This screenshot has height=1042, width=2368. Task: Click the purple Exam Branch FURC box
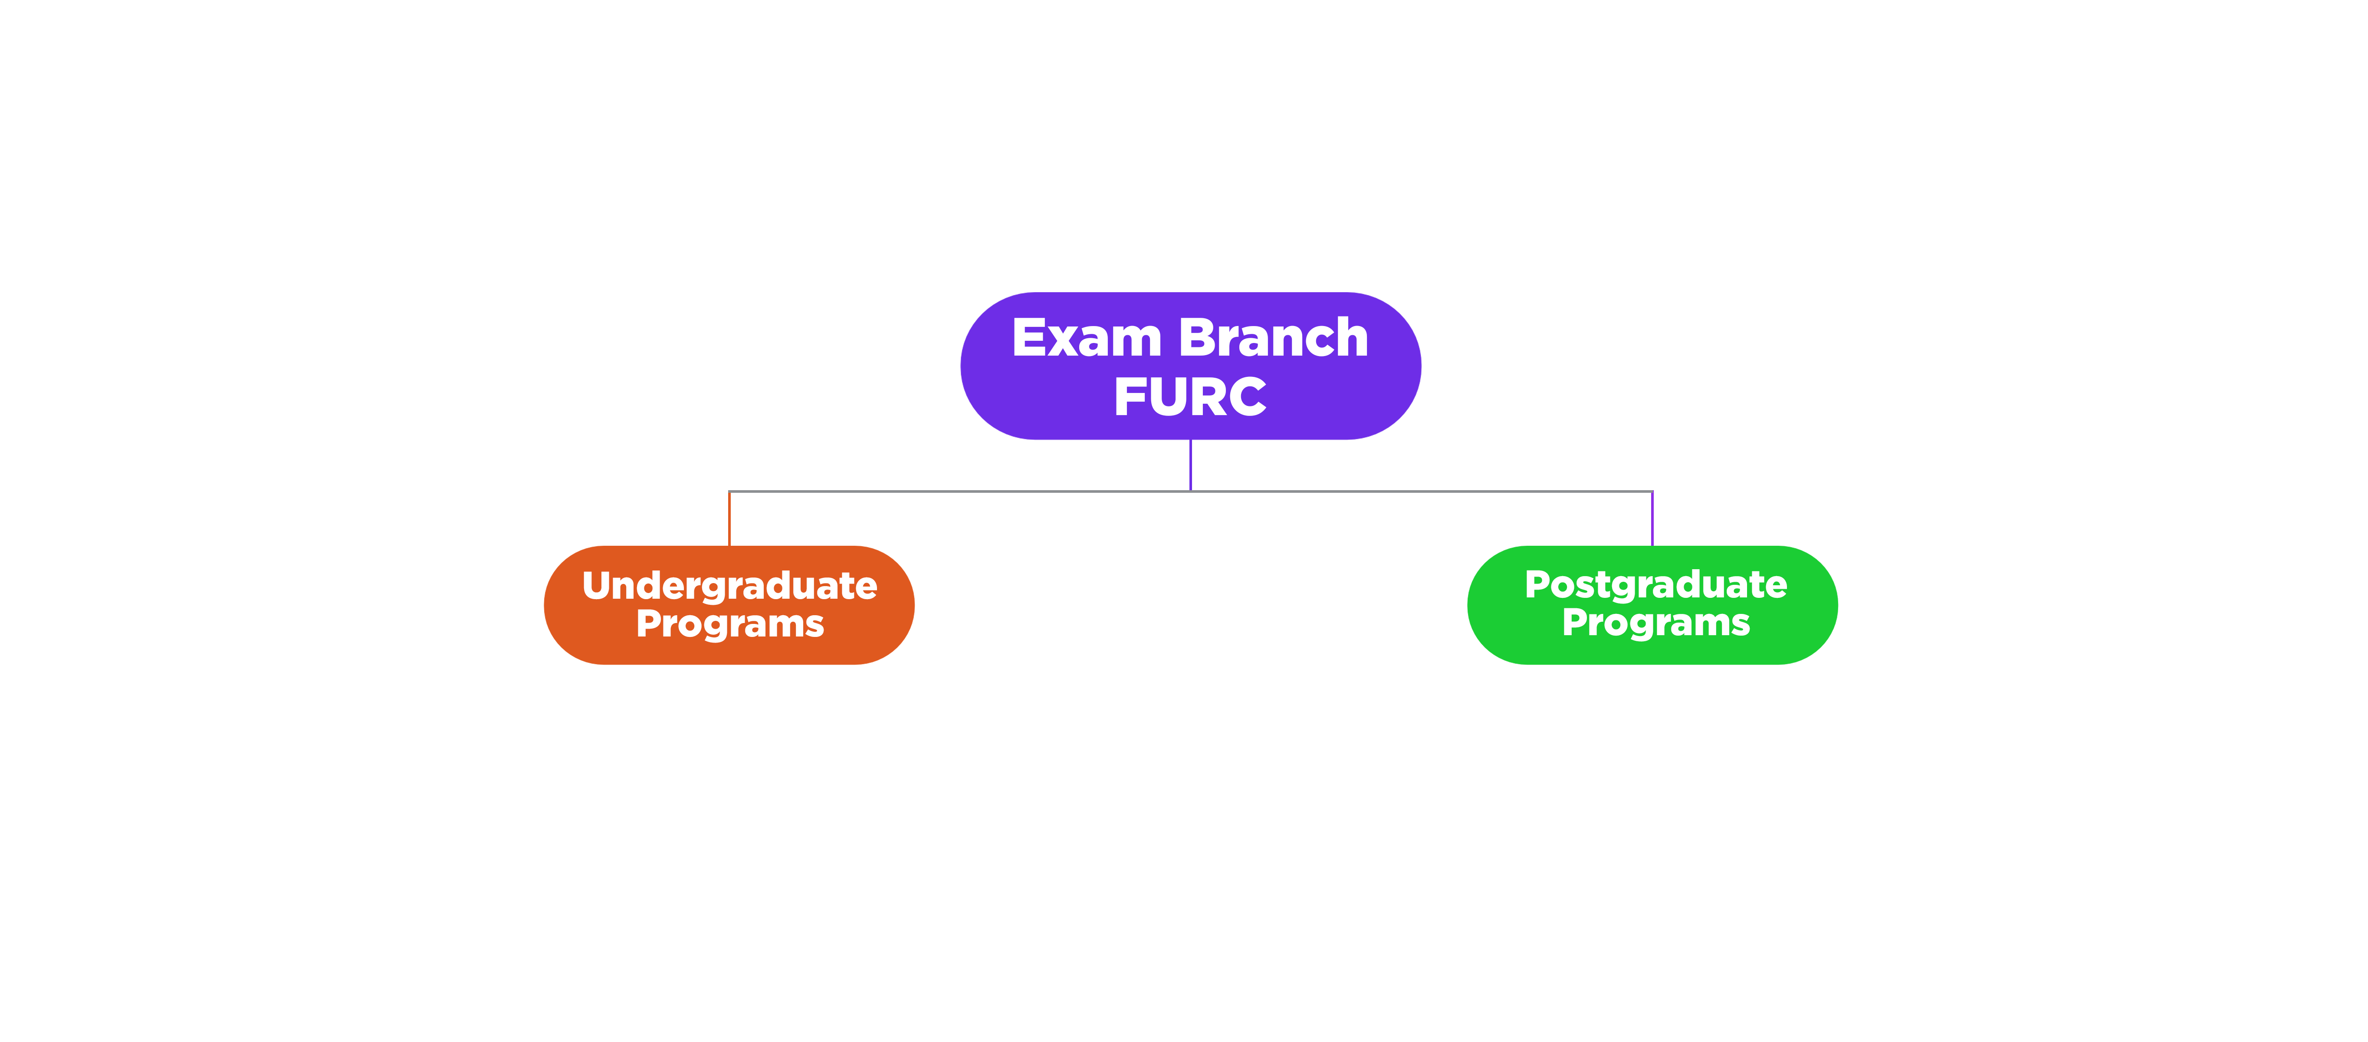[1190, 366]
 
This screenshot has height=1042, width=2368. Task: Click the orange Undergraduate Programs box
[729, 605]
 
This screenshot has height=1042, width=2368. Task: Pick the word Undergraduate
[730, 586]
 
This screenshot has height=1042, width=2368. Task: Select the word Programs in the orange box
[730, 624]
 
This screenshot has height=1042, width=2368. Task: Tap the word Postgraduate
[1655, 585]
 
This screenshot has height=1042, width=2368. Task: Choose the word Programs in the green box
[1655, 623]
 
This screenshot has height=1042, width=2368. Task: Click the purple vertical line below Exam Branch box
[1190, 465]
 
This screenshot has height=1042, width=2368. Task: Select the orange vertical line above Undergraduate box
[729, 519]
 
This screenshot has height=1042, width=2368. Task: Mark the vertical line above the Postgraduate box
[1652, 519]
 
